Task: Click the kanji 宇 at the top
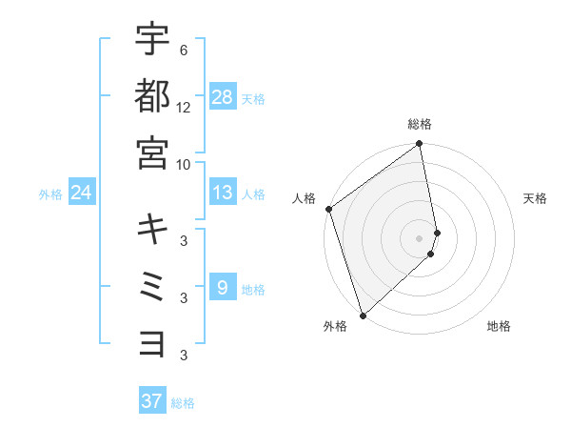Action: (x=153, y=40)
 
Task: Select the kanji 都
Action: (x=153, y=96)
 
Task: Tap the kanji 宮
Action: (x=153, y=153)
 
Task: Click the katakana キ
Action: (x=153, y=229)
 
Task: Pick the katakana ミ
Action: (x=153, y=285)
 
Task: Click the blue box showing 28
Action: (x=223, y=96)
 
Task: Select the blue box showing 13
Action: (x=223, y=193)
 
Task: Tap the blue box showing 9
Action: (x=223, y=286)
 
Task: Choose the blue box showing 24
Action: (x=82, y=193)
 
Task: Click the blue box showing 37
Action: (x=152, y=400)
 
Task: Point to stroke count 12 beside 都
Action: (x=184, y=107)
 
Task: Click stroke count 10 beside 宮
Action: (x=184, y=163)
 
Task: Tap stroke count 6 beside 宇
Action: (x=184, y=50)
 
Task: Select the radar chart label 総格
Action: (x=420, y=124)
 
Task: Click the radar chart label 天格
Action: (x=536, y=198)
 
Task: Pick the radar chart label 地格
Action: (x=499, y=326)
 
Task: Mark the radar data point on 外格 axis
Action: (x=363, y=316)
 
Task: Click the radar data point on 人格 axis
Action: (x=328, y=209)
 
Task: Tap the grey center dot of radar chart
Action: (x=420, y=237)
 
